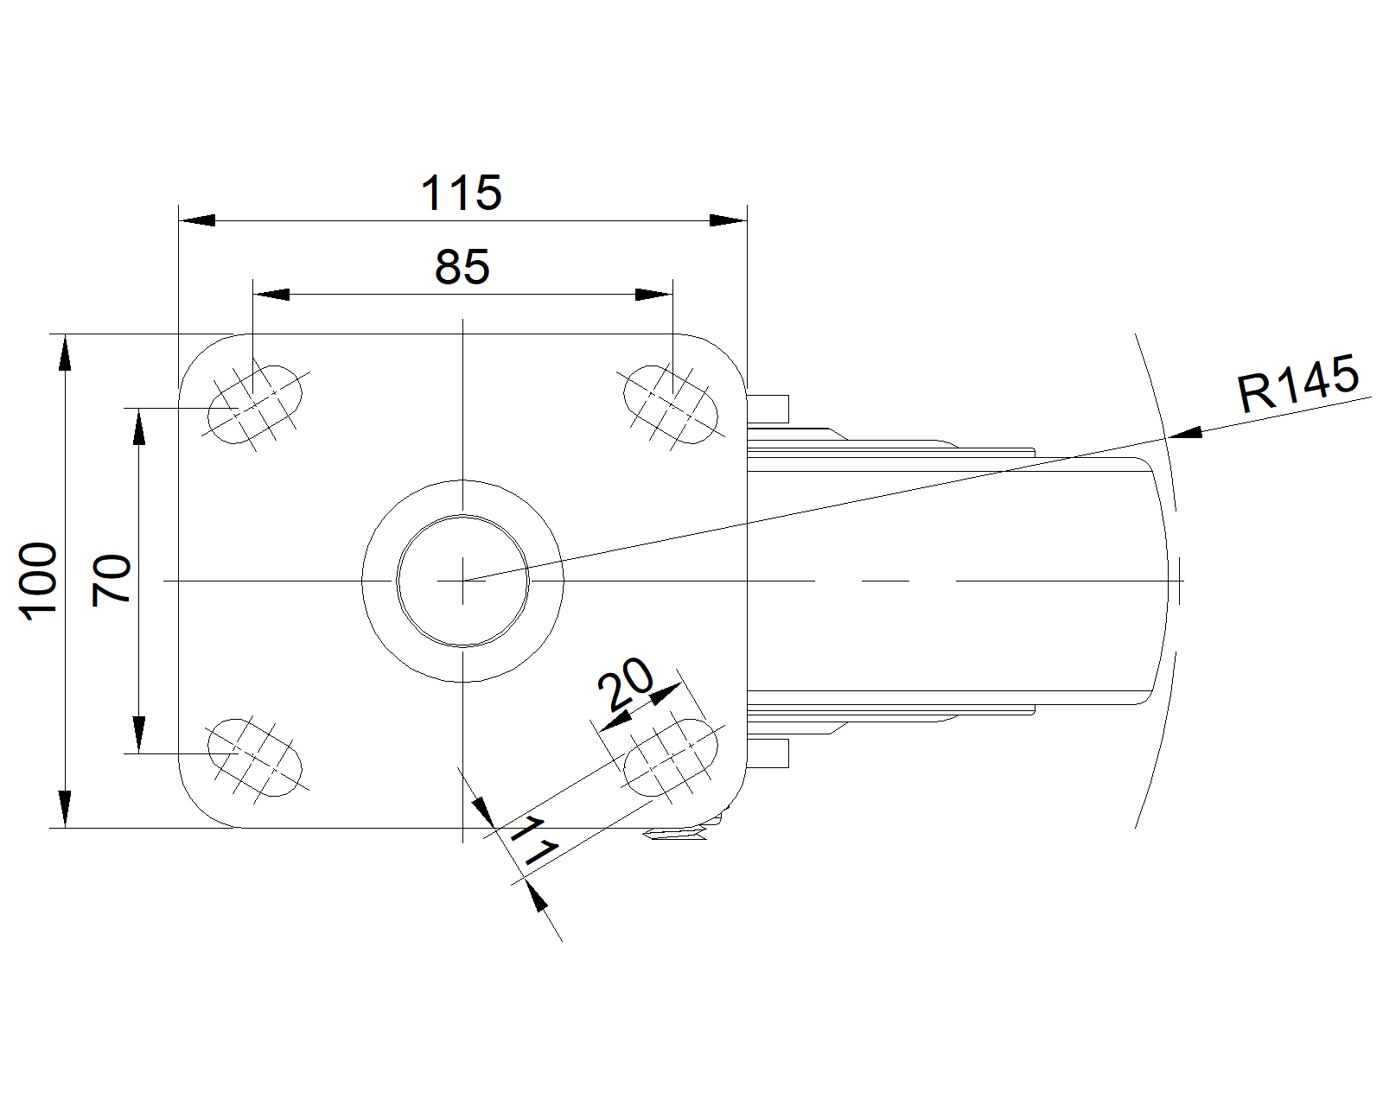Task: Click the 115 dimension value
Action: (461, 194)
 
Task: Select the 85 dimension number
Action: (462, 268)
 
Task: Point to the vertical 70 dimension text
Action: (112, 580)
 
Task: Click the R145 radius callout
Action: (1297, 385)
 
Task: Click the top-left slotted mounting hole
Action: (256, 404)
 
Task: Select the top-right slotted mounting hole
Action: (671, 404)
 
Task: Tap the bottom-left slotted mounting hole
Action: (256, 757)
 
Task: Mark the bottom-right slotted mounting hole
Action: (671, 757)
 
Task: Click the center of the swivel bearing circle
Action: (462, 581)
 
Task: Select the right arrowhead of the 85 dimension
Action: (653, 295)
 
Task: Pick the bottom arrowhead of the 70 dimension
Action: (137, 734)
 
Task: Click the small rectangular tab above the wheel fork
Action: (768, 407)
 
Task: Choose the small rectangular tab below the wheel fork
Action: (768, 753)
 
